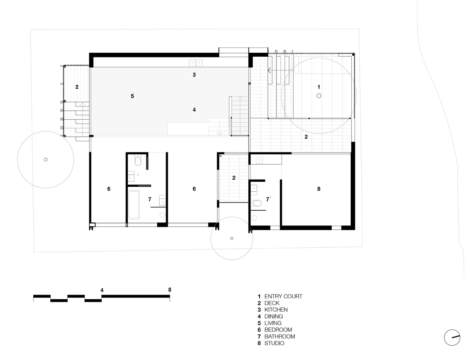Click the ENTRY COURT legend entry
pos(280,296)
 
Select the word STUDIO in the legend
pos(271,343)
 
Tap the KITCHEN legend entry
pos(272,310)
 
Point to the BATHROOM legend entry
pos(276,336)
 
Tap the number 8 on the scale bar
pos(170,290)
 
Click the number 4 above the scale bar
pos(102,290)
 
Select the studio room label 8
pos(319,189)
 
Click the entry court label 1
pos(319,87)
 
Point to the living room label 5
pos(132,96)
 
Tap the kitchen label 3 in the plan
pos(194,75)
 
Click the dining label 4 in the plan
pos(194,110)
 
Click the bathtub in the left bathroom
pos(134,205)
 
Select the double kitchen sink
pos(196,63)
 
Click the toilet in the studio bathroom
pos(256,203)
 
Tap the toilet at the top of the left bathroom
pos(137,160)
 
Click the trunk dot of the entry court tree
pos(319,96)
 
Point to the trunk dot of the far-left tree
pos(46,160)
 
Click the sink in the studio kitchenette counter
pos(259,160)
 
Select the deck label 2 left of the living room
pos(77,87)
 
